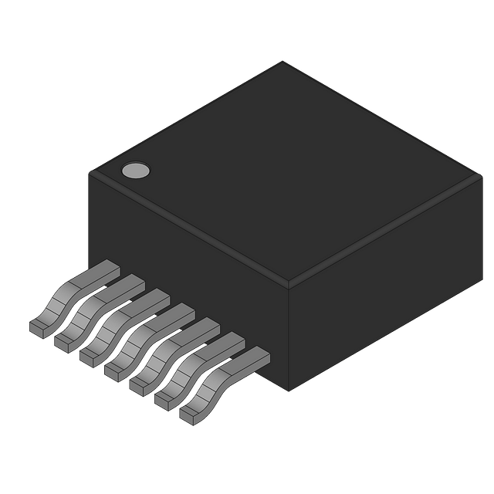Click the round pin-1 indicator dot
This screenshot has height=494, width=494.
point(135,171)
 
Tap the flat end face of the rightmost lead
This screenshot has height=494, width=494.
point(190,415)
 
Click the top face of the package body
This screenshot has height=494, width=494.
point(286,170)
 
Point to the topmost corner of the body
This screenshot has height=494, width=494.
point(283,59)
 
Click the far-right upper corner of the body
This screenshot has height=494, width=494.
point(483,173)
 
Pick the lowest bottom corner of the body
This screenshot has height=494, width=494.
point(290,392)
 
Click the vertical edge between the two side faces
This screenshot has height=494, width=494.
point(290,340)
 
